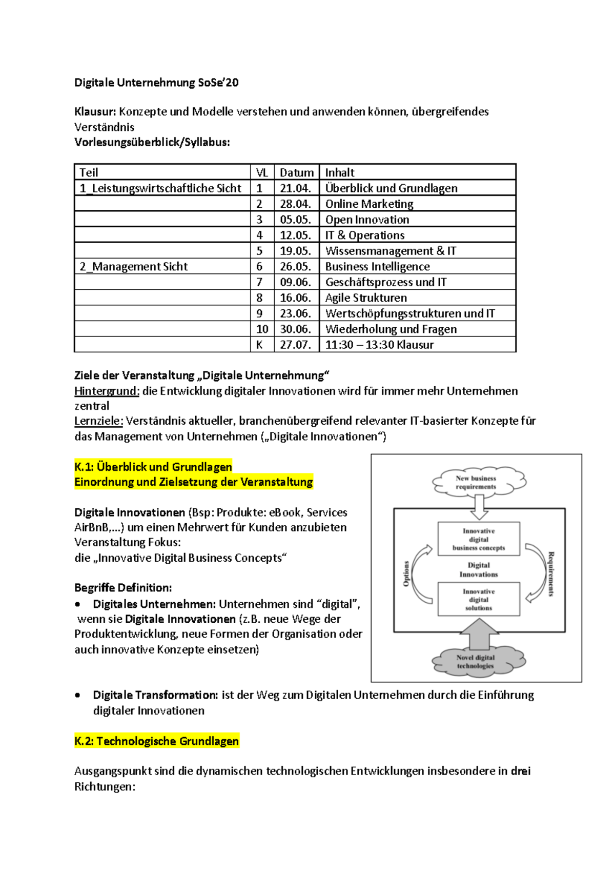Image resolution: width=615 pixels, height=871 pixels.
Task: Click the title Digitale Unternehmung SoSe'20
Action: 156,83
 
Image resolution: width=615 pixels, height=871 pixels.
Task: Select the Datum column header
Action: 296,172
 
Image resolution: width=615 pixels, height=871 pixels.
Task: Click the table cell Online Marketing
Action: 369,204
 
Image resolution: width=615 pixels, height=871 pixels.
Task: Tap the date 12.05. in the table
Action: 295,235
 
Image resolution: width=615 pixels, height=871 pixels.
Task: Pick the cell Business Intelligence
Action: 377,266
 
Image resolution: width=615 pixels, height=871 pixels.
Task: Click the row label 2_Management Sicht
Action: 134,266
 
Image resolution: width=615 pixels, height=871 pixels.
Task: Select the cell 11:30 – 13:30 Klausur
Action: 379,345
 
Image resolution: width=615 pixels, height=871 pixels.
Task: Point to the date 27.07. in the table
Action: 295,345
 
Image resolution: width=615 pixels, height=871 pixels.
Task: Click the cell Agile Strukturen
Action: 366,298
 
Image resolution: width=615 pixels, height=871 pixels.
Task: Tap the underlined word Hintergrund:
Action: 107,391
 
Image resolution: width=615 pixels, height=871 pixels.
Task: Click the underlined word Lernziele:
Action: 98,421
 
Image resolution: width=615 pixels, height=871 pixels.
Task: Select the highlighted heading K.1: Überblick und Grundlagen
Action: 153,467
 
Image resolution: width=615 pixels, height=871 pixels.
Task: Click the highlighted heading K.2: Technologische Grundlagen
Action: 156,741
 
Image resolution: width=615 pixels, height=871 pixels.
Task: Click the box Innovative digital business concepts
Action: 479,539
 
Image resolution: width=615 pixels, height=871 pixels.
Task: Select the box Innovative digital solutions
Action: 479,599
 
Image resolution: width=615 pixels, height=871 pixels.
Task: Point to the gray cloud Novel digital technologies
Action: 477,662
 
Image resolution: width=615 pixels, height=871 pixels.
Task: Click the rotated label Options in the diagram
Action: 406,573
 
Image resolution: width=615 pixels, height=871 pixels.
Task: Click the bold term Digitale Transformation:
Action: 155,695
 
